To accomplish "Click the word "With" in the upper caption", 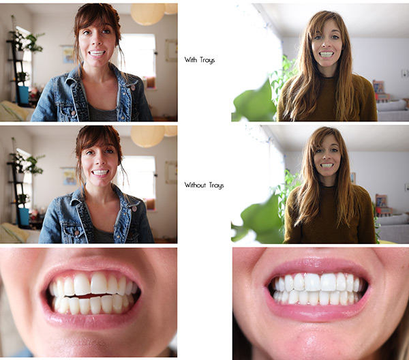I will (x=190, y=59).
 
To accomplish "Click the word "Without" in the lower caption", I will (x=194, y=185).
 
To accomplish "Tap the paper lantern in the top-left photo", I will (x=147, y=14).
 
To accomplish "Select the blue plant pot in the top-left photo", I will (x=23, y=95).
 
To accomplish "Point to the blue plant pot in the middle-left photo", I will (x=24, y=216).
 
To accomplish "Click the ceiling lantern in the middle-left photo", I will (x=147, y=135).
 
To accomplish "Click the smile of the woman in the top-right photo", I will (x=327, y=54).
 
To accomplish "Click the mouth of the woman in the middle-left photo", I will (x=100, y=172).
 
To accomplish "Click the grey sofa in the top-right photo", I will (x=391, y=110).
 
